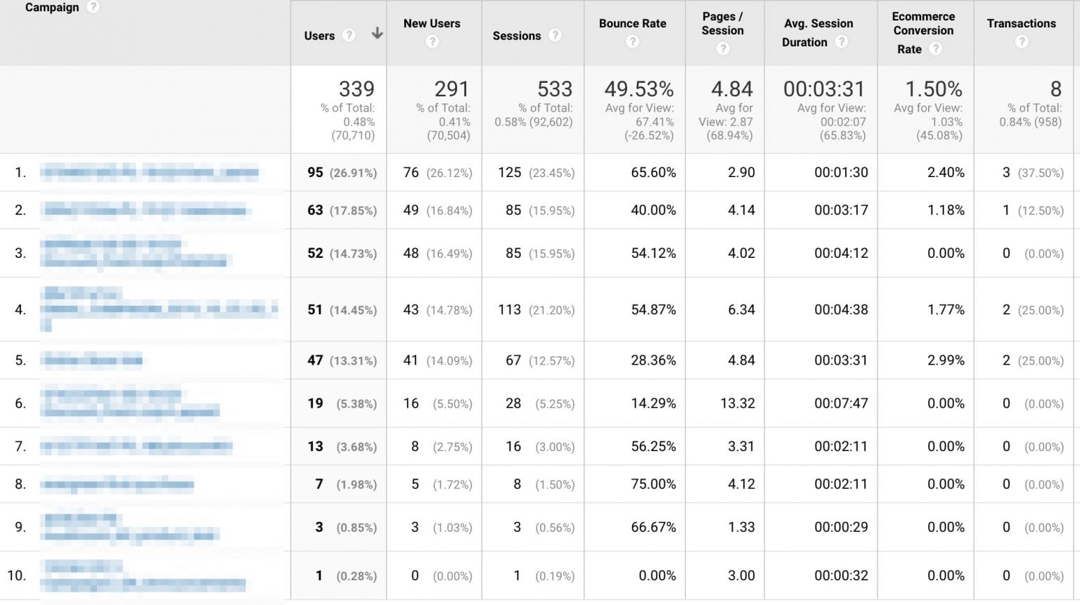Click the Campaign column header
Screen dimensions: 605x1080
tap(52, 8)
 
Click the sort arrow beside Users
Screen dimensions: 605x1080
tap(377, 33)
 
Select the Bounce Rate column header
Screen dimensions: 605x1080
tap(632, 23)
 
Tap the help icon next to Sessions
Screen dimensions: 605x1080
tap(555, 35)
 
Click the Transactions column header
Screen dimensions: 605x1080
tap(1021, 23)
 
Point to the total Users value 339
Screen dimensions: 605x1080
tap(356, 89)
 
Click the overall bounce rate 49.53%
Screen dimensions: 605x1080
tap(638, 89)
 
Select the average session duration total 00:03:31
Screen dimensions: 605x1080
tap(823, 89)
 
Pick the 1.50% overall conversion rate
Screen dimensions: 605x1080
tap(933, 89)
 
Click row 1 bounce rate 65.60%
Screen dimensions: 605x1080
tap(653, 172)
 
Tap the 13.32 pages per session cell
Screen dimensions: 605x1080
tap(737, 403)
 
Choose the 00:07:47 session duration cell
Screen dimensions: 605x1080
tap(841, 403)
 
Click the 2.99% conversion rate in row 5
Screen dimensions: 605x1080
tap(946, 360)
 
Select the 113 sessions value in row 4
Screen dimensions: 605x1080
tap(510, 310)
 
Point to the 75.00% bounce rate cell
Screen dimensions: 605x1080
tap(653, 484)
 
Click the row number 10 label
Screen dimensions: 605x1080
tap(17, 575)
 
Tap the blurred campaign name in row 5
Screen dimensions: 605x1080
tap(91, 361)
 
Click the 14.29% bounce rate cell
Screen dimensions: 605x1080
tap(653, 403)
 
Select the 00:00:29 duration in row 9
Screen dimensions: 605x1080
tap(841, 527)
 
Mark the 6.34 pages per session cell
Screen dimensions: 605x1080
tap(741, 310)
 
